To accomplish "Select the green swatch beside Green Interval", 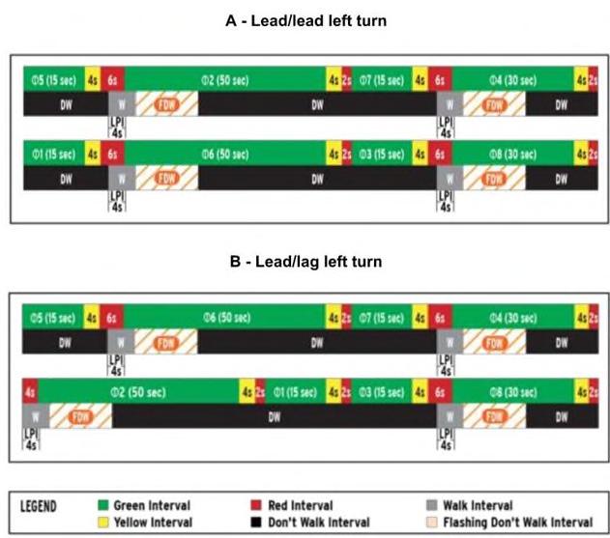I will [x=103, y=505].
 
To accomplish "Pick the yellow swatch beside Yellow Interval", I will [x=103, y=522].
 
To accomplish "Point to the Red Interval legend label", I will [x=301, y=505].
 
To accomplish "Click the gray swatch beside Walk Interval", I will [x=430, y=505].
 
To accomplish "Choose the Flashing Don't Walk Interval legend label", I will [x=517, y=522].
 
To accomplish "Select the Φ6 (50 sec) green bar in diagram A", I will [x=226, y=154].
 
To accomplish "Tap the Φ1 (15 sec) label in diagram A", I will [x=53, y=154].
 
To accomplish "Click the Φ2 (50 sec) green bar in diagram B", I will [x=135, y=392].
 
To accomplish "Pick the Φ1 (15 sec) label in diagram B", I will [x=295, y=392].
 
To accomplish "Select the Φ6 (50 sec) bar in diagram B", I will [x=226, y=318].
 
